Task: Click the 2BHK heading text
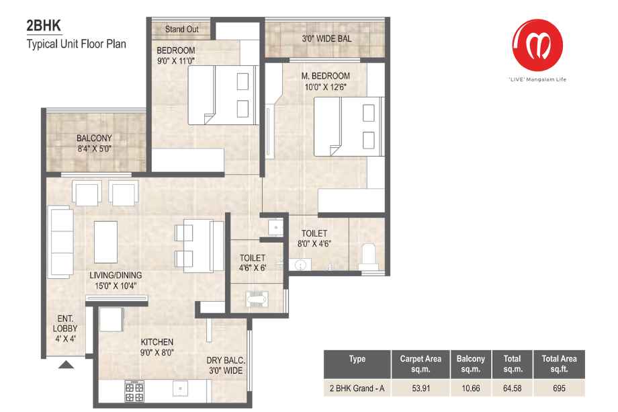click(44, 26)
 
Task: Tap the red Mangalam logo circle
click(537, 45)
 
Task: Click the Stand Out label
click(181, 29)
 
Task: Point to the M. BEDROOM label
click(326, 76)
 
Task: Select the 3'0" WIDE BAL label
click(326, 38)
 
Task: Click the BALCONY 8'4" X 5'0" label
click(95, 144)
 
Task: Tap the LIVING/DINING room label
click(116, 275)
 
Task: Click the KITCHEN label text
click(157, 342)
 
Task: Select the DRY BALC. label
click(226, 360)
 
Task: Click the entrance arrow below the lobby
click(67, 365)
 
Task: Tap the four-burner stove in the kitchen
click(134, 391)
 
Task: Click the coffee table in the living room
click(105, 242)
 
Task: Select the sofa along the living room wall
click(60, 242)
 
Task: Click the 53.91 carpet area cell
click(421, 388)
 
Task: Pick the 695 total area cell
click(559, 388)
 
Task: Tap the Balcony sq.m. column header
click(471, 364)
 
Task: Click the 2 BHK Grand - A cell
click(357, 388)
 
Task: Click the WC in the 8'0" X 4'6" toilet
click(369, 255)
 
